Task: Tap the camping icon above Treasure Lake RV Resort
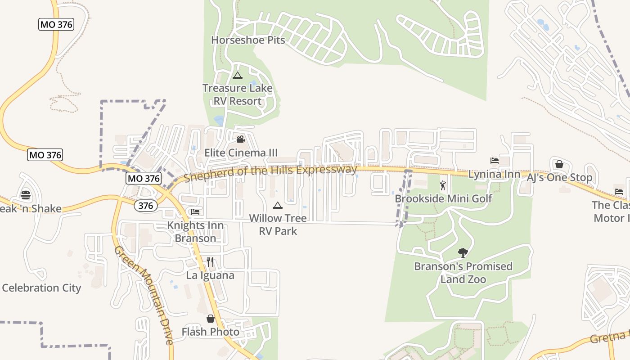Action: (237, 75)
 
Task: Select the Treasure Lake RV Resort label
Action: (237, 94)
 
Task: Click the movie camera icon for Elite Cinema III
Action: (241, 139)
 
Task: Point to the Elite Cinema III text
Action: (241, 153)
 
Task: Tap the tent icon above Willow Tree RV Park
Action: (278, 206)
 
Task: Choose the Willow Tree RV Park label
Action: (278, 225)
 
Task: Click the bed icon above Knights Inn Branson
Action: (195, 211)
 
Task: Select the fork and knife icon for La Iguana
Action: (210, 262)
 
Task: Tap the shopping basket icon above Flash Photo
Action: (210, 319)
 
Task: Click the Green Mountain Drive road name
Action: (144, 295)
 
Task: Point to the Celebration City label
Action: (41, 288)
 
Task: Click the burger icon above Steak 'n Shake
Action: (26, 195)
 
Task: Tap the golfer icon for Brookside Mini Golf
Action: (443, 185)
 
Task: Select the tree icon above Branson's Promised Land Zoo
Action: (463, 253)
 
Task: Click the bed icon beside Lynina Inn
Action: (495, 161)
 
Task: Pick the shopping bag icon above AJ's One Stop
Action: (559, 164)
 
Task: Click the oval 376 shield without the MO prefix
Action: (146, 206)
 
